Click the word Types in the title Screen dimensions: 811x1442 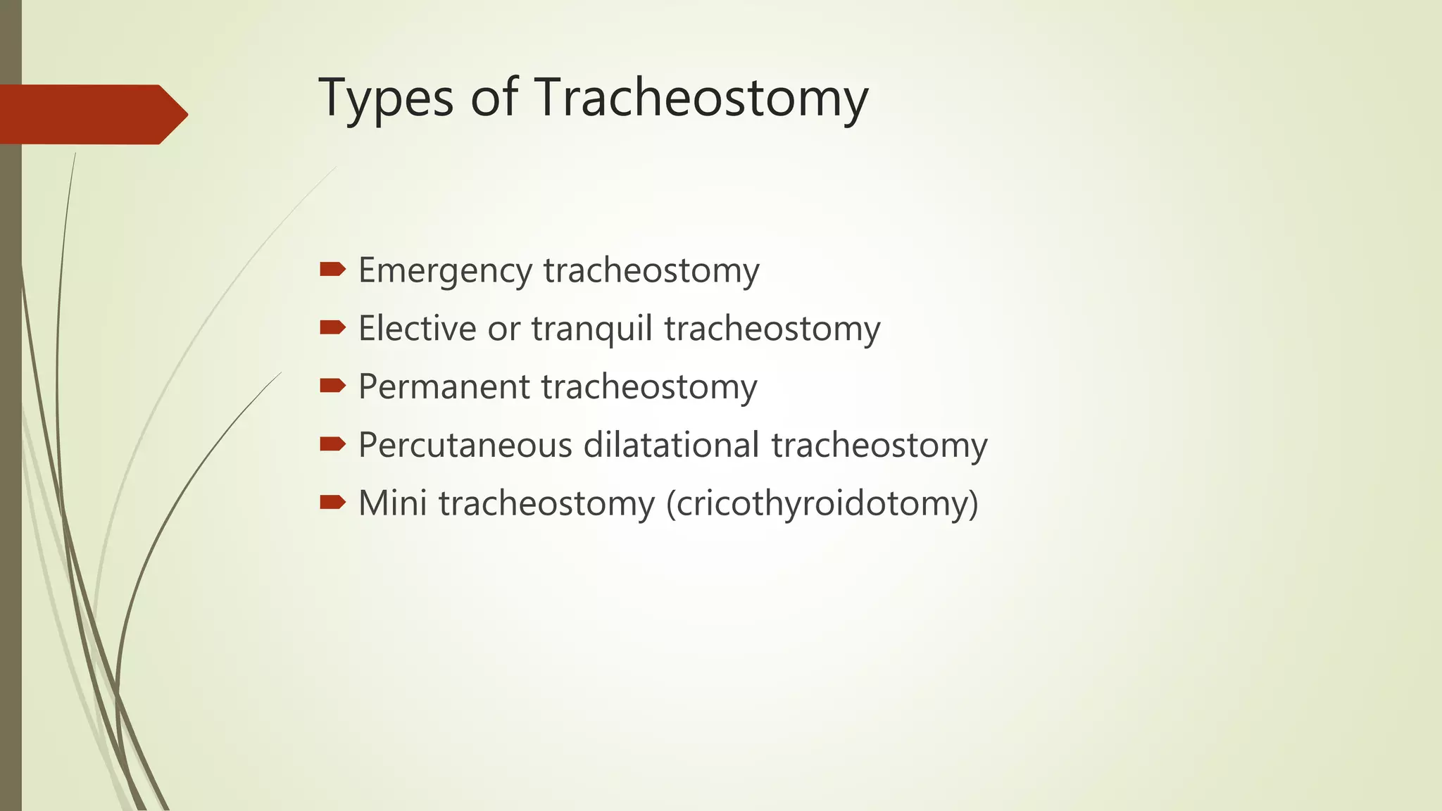pos(386,99)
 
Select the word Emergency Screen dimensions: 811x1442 pos(445,271)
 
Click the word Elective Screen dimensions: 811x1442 pos(417,328)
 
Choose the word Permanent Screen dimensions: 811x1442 pos(444,386)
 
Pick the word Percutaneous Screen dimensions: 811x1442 pos(465,445)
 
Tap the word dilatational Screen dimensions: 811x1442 pos(671,445)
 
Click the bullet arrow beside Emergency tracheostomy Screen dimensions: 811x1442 pos(332,268)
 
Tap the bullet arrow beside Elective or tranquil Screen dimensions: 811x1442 pos(332,327)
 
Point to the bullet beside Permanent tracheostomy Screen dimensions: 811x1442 pos(332,385)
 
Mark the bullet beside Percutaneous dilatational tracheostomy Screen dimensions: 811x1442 pos(332,444)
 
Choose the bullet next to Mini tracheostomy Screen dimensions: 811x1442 pos(332,502)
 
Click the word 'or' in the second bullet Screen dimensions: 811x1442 pos(503,329)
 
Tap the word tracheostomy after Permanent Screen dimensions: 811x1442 pos(649,386)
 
